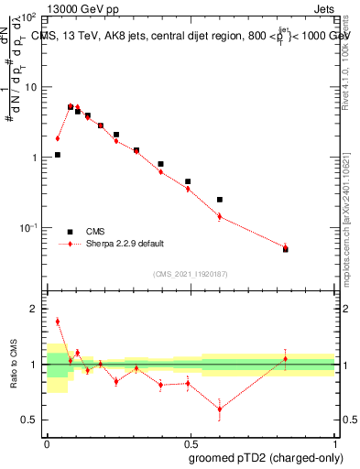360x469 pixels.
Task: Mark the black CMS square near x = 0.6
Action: point(220,199)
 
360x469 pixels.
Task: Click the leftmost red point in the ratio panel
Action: point(58,322)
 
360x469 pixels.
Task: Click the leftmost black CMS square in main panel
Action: point(58,155)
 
